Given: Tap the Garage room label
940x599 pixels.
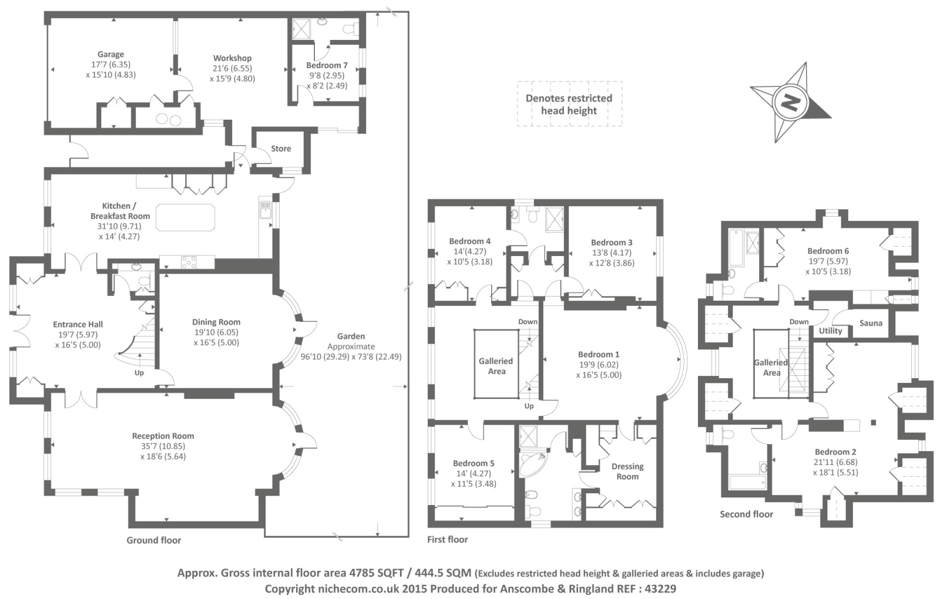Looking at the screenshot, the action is pyautogui.click(x=110, y=55).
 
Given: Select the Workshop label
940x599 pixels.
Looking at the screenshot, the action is pyautogui.click(x=232, y=58).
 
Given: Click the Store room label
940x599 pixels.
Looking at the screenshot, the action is pyautogui.click(x=281, y=149).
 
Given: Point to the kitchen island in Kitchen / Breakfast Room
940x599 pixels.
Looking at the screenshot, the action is pyautogui.click(x=185, y=217).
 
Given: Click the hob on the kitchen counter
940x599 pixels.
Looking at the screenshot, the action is pyautogui.click(x=189, y=263).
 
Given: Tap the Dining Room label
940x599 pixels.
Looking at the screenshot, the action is pyautogui.click(x=216, y=322).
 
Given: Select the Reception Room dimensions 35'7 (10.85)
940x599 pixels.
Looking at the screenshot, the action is pyautogui.click(x=163, y=446).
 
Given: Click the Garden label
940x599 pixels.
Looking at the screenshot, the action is pyautogui.click(x=351, y=336).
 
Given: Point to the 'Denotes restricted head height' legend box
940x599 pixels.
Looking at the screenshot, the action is pyautogui.click(x=569, y=104).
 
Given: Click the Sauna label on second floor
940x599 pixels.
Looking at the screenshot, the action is pyautogui.click(x=871, y=323).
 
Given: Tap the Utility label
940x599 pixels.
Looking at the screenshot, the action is pyautogui.click(x=830, y=331).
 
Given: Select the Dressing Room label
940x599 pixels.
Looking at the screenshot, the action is pyautogui.click(x=627, y=471).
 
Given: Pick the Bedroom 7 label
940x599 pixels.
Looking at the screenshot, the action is pyautogui.click(x=327, y=65).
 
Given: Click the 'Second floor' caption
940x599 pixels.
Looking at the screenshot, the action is pyautogui.click(x=746, y=514).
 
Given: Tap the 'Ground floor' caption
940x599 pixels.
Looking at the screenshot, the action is pyautogui.click(x=154, y=540).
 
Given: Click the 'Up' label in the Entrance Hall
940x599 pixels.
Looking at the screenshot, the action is pyautogui.click(x=139, y=373).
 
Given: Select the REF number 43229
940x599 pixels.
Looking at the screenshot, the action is pyautogui.click(x=657, y=588).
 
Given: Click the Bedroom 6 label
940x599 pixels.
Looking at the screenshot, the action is pyautogui.click(x=828, y=251).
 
